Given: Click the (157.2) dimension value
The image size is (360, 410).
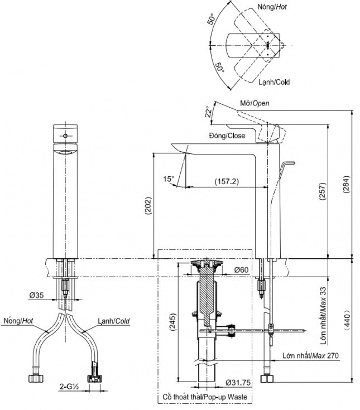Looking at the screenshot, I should pos(225,181).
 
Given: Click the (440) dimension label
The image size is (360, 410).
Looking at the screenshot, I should pos(347,320).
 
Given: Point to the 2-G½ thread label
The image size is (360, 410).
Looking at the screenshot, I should pos(70,385).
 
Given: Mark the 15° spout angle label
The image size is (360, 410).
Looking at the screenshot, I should pos(169,179).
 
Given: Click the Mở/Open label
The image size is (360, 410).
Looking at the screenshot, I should pos(255,104).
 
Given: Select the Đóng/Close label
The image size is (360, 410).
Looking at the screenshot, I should pos(227,136).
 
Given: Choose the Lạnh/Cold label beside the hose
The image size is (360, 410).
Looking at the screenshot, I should pos(113,321).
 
